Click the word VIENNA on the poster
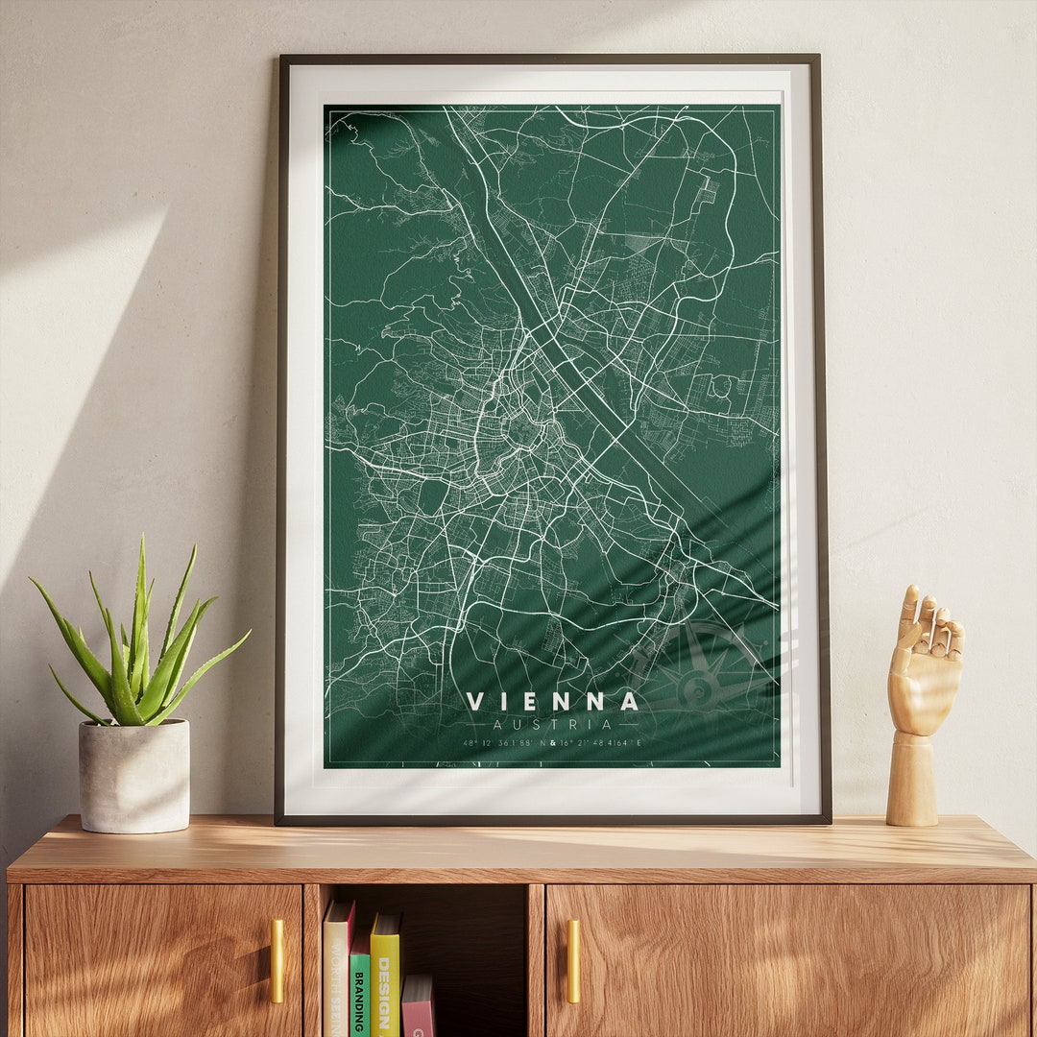552,702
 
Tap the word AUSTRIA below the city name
552,725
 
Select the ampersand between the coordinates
553,743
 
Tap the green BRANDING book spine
359,989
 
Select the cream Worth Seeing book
336,970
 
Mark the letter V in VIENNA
476,702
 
